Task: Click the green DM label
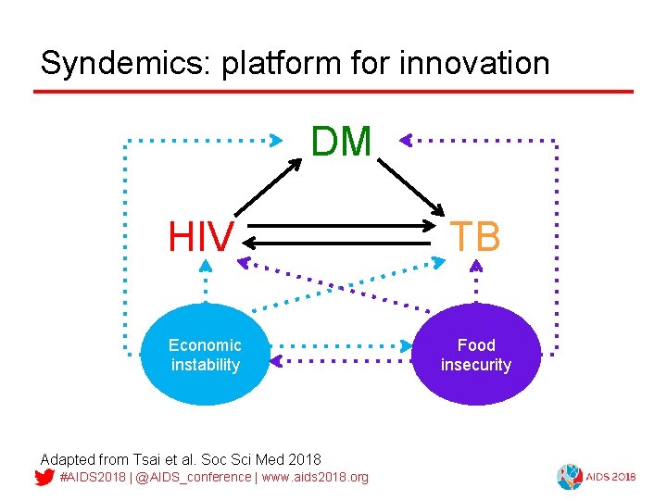(x=341, y=143)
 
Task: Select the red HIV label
(x=200, y=238)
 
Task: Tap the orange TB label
(x=475, y=238)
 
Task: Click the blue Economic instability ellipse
(x=205, y=355)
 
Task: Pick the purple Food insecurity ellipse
(x=476, y=355)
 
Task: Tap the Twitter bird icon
(x=44, y=478)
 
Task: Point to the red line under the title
(x=333, y=92)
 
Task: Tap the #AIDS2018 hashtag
(x=92, y=477)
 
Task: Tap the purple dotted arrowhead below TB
(x=476, y=265)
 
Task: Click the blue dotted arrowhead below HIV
(x=206, y=265)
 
